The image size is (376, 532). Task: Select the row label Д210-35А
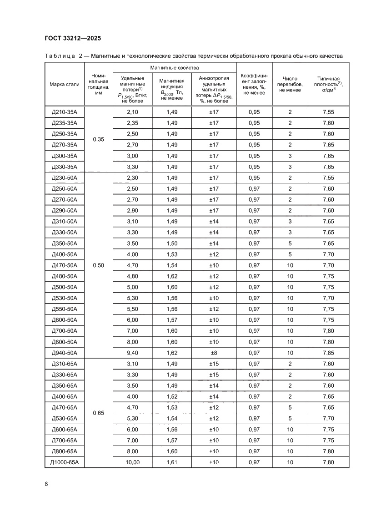click(x=65, y=112)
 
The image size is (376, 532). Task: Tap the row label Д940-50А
click(x=65, y=353)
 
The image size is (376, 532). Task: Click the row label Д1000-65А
click(x=65, y=462)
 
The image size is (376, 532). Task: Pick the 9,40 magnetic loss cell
click(x=132, y=353)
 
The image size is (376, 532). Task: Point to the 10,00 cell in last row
click(x=132, y=462)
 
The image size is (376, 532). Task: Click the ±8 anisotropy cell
click(x=214, y=353)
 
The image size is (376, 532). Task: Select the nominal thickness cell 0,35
click(x=98, y=140)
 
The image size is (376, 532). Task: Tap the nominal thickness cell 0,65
click(x=98, y=413)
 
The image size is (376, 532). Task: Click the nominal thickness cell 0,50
click(x=98, y=265)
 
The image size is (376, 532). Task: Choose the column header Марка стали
click(x=65, y=84)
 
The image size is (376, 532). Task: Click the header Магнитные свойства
click(x=175, y=67)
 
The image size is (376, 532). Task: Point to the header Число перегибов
click(x=290, y=84)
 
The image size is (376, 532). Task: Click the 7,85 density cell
click(x=328, y=353)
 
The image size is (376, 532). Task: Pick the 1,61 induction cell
click(x=172, y=462)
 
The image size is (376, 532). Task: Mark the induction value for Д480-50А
click(x=172, y=276)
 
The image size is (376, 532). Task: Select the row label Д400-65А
click(x=65, y=397)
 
